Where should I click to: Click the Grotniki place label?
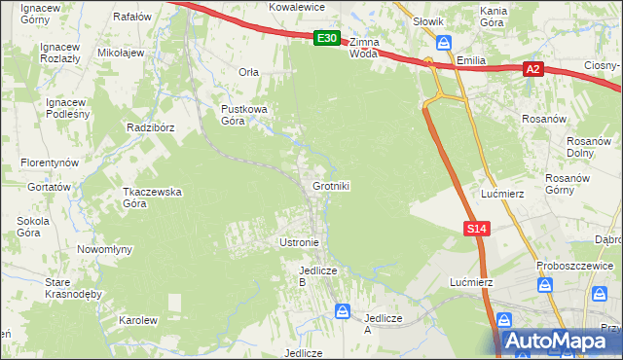331,186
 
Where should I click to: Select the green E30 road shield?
328,39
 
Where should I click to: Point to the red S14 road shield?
475,228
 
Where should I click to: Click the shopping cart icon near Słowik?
444,43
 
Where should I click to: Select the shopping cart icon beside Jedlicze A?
343,311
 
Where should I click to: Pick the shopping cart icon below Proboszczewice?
545,285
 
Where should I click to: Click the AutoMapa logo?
557,341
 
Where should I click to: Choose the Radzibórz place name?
149,127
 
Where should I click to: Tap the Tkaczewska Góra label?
152,198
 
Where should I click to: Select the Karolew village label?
137,320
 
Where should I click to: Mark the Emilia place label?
470,59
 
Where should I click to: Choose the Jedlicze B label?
317,275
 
